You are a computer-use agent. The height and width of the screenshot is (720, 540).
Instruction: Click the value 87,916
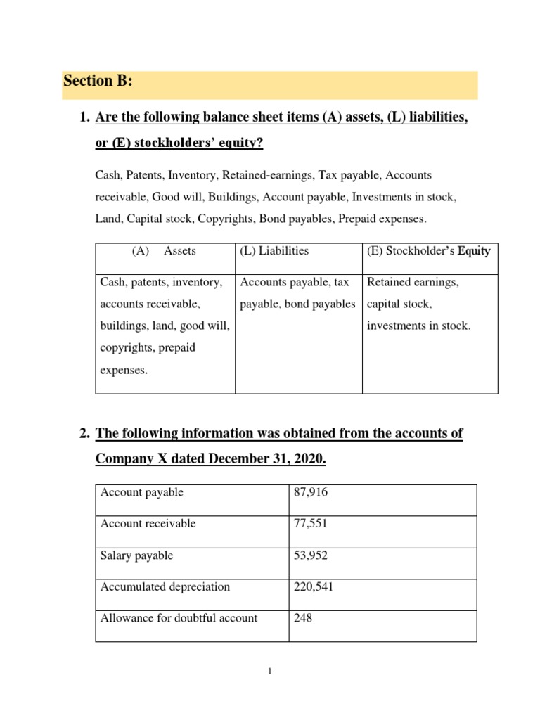[310, 492]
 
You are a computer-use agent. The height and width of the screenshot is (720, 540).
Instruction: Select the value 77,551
[309, 524]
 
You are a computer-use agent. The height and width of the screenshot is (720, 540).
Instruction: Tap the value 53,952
[310, 555]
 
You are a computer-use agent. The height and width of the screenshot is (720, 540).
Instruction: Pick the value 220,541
[313, 587]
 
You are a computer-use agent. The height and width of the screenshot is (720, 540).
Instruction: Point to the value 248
[302, 619]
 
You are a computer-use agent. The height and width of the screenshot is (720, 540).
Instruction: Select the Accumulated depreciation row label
[165, 587]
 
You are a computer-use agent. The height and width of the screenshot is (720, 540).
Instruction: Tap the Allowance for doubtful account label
[179, 619]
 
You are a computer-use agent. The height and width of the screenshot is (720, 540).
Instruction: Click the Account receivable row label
[148, 524]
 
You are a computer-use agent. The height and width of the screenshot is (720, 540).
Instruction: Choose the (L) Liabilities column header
[274, 250]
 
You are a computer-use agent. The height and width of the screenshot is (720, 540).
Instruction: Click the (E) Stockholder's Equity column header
[429, 250]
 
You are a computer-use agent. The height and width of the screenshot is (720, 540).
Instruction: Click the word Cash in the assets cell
[113, 282]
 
